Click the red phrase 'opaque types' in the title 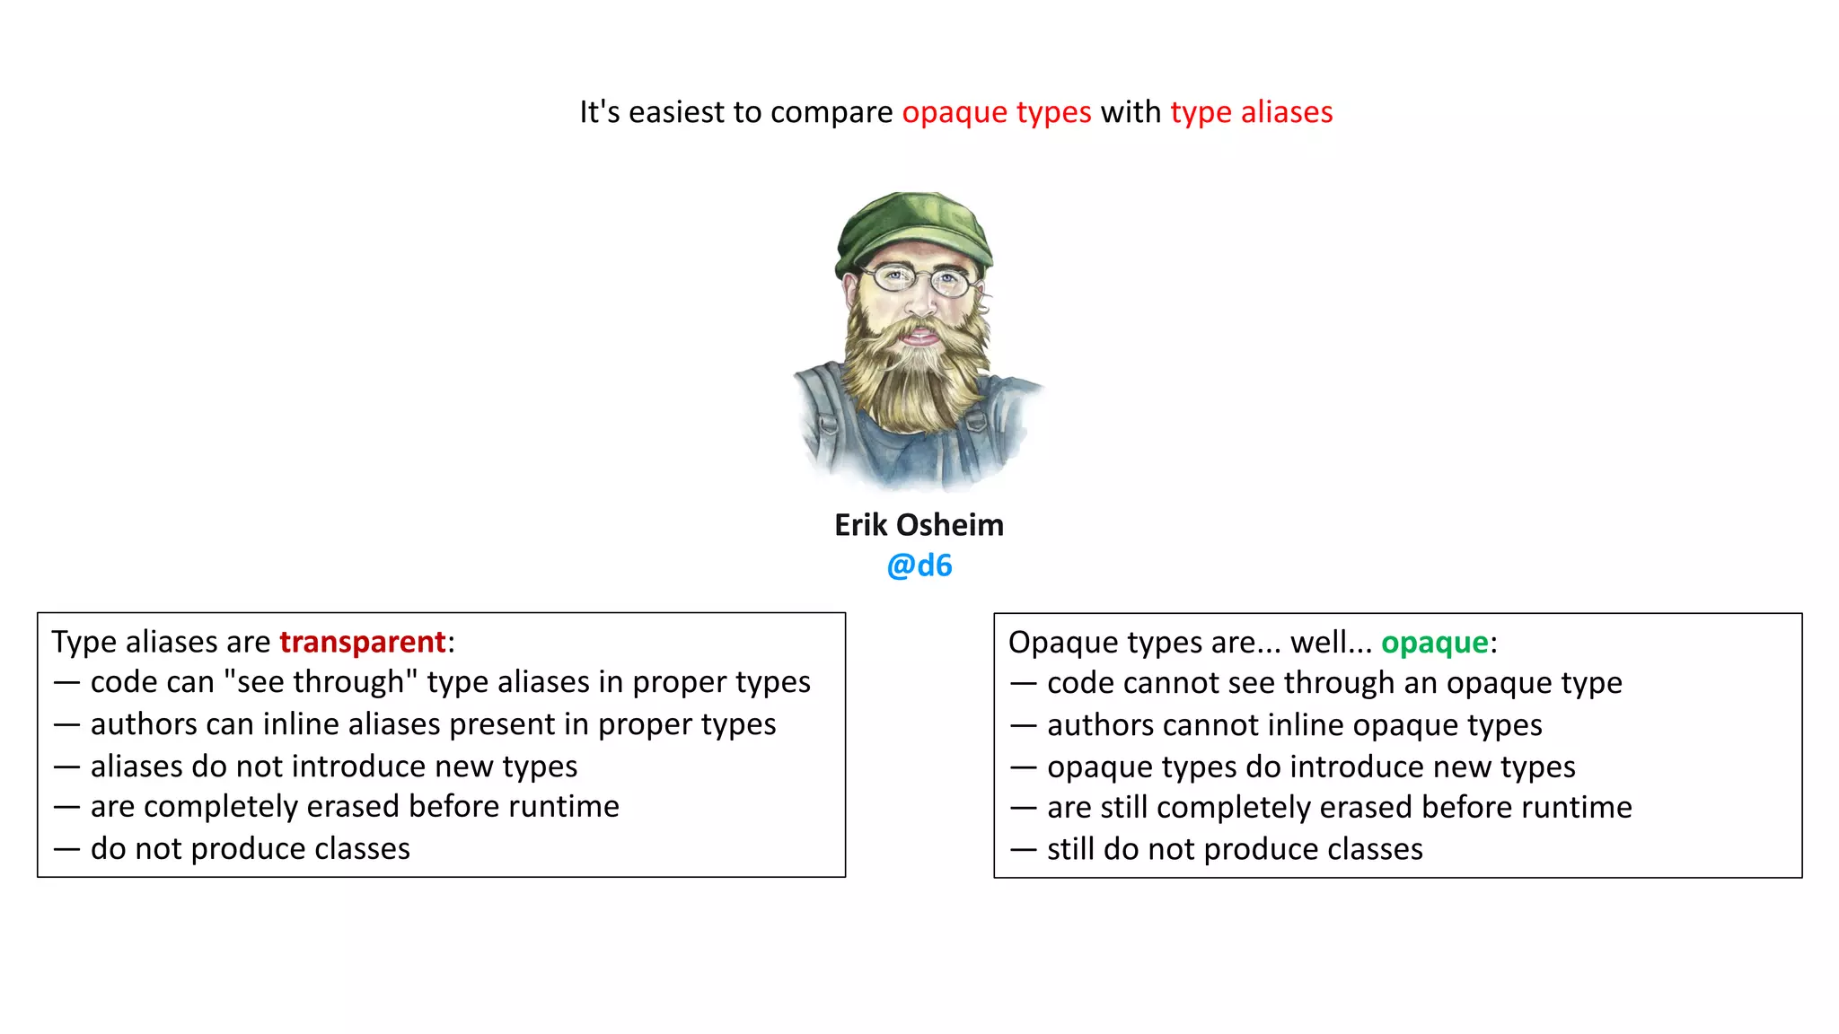pos(996,113)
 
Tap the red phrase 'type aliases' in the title pos(1251,113)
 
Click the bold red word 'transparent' pos(362,642)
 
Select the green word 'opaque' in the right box pos(1434,643)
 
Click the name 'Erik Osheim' pos(919,525)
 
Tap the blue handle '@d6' pos(919,565)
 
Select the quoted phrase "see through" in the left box pos(321,682)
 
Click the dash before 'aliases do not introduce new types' pos(66,767)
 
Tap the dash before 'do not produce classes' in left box pos(66,849)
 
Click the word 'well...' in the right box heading pos(1331,643)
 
